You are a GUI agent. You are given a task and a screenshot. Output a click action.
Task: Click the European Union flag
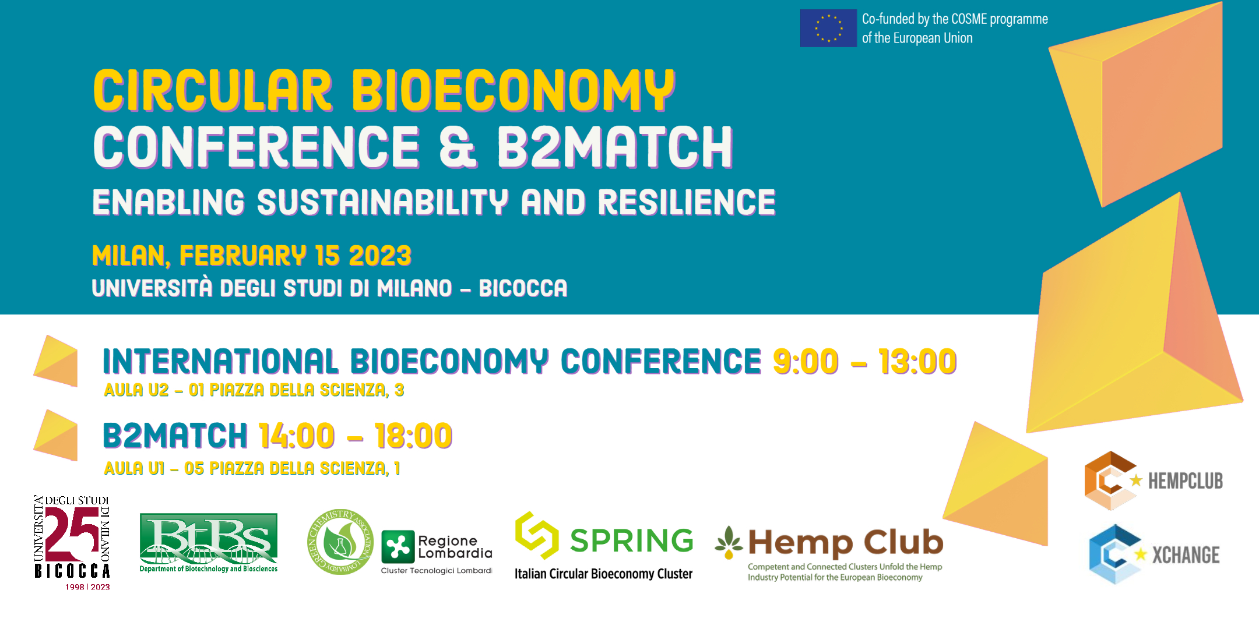click(x=828, y=28)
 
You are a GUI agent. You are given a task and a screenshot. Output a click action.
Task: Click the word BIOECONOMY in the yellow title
click(x=513, y=90)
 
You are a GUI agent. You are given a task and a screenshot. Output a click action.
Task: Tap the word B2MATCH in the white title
click(x=615, y=147)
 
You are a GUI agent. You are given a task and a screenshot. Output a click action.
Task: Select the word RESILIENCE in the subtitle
click(x=687, y=202)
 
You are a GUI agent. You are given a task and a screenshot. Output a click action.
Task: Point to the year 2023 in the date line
click(x=380, y=256)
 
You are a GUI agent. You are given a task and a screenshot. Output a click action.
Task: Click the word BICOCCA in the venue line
click(x=523, y=288)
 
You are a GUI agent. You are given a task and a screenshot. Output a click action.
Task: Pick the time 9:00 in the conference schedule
click(x=806, y=361)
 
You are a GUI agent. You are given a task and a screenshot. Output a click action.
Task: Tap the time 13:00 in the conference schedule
click(x=917, y=361)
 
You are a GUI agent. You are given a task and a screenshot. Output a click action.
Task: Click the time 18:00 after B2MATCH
click(x=413, y=436)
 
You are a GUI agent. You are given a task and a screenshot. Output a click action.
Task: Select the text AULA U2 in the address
click(x=136, y=390)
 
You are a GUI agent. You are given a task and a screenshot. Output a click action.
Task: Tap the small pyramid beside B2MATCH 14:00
click(x=56, y=435)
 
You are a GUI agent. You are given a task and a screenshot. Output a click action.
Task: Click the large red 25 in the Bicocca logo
click(x=72, y=534)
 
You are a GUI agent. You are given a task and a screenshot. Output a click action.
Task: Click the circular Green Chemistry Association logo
click(x=340, y=542)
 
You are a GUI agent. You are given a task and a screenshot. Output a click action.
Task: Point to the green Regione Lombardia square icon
click(x=398, y=547)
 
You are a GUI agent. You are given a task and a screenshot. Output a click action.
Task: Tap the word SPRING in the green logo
click(x=632, y=540)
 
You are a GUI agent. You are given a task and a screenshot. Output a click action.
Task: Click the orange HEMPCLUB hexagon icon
click(x=1110, y=480)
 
